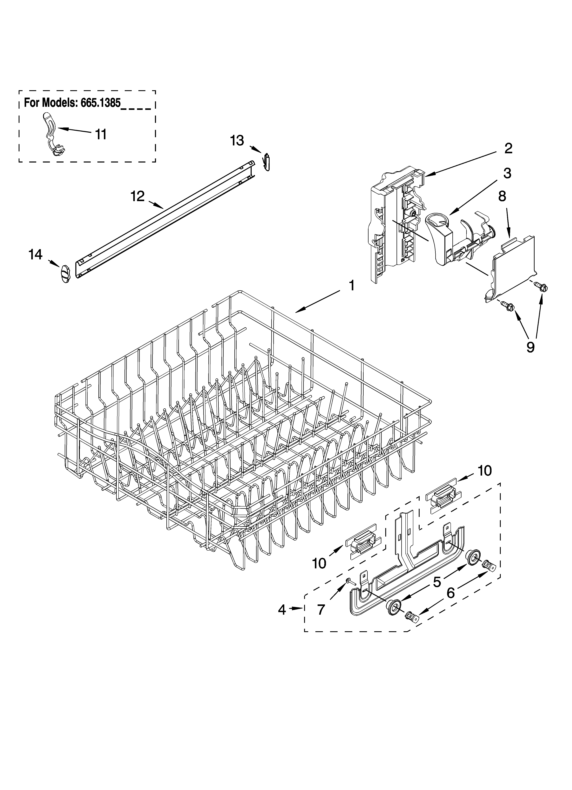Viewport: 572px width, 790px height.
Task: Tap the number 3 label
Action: (x=507, y=173)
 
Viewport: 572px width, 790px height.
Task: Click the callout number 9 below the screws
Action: (x=530, y=347)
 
